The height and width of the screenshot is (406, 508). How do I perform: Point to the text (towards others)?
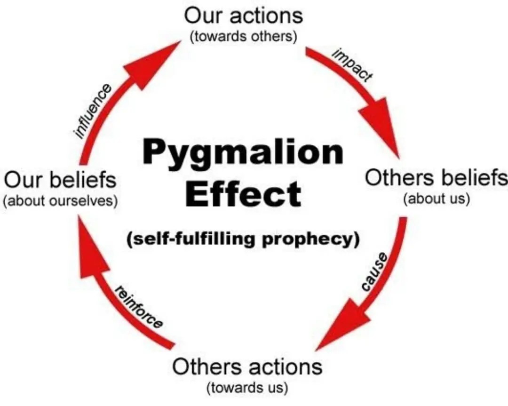(243, 37)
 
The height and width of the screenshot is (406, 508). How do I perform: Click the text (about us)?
(437, 199)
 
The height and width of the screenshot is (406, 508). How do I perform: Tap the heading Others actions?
(247, 366)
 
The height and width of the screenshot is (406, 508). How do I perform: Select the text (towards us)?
(247, 388)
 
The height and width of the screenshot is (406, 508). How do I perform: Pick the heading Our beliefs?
(60, 180)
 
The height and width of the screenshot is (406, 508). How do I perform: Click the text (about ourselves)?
(60, 201)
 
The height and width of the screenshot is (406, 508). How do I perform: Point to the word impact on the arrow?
(352, 65)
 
